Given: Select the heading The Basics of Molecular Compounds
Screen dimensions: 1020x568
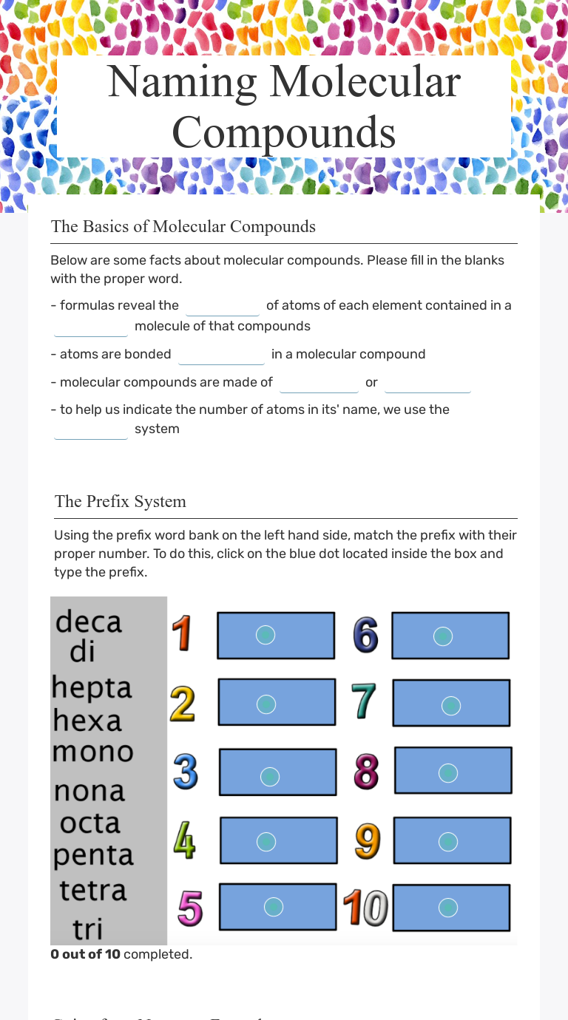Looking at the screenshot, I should click(183, 226).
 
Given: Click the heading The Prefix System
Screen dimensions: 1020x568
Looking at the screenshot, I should click(120, 501).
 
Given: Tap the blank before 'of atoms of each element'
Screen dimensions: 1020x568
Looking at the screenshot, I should click(222, 306).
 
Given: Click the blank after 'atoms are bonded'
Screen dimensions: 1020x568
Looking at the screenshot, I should click(221, 355).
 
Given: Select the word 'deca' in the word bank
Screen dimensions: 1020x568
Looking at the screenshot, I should click(88, 621).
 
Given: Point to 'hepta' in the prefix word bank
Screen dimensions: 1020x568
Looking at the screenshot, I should click(92, 687).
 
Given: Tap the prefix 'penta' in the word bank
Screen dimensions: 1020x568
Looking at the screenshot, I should click(93, 855).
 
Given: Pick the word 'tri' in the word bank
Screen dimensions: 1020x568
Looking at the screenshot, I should click(87, 928).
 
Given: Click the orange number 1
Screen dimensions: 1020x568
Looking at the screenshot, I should click(183, 634).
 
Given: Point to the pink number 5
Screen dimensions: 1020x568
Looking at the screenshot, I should click(190, 908).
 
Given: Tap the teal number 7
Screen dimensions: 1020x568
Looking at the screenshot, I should click(363, 701).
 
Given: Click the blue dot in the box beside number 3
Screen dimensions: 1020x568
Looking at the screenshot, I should click(270, 775).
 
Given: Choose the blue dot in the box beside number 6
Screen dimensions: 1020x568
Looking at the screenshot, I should click(442, 636).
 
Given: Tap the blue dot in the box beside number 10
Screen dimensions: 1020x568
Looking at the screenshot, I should click(447, 908).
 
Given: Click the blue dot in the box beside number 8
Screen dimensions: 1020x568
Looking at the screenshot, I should click(447, 772).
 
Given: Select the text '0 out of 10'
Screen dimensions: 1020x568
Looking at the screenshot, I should click(85, 954).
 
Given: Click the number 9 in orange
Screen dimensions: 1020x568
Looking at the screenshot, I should click(367, 840).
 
